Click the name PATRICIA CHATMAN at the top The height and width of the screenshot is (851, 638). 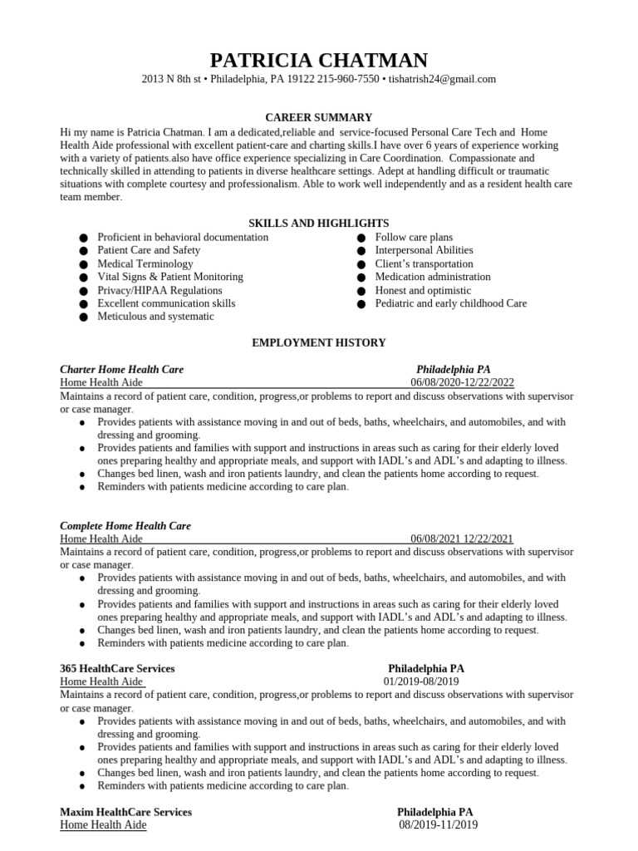click(319, 60)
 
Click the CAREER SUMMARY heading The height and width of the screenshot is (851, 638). click(319, 117)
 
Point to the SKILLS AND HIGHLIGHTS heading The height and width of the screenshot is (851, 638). click(319, 223)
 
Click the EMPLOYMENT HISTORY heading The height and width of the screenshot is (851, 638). click(319, 342)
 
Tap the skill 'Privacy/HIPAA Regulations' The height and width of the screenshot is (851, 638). click(159, 290)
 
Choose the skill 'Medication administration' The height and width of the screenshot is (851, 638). click(433, 277)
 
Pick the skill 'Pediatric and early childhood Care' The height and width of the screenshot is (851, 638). click(451, 303)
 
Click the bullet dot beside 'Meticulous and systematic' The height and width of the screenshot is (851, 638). click(83, 317)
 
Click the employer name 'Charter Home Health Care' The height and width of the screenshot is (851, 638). click(122, 369)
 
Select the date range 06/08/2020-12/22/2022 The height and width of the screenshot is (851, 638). click(463, 382)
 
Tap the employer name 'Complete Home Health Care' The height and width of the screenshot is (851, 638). click(125, 526)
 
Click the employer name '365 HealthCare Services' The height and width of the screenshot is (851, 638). click(117, 668)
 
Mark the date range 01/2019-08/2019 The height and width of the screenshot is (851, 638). click(421, 681)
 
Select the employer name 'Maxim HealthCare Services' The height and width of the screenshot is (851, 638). click(125, 812)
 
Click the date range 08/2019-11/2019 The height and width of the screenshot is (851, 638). click(439, 825)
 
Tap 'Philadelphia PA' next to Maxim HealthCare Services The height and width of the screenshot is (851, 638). click(435, 812)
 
